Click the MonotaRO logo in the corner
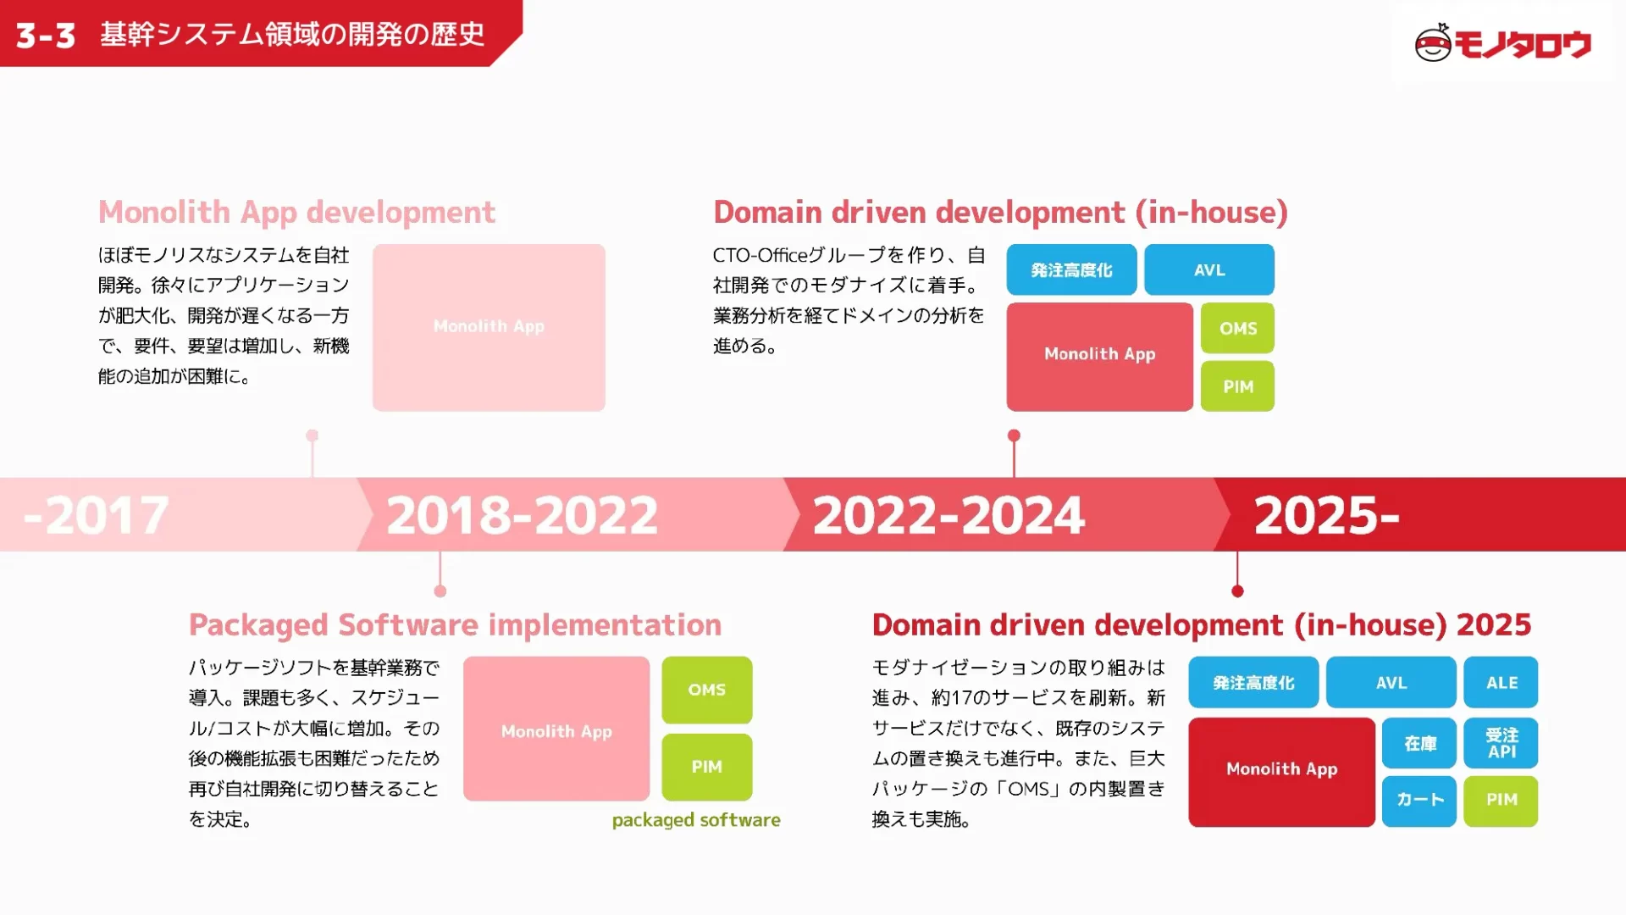[1502, 43]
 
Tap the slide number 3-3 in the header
[46, 36]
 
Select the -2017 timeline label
[97, 515]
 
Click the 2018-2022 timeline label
[522, 515]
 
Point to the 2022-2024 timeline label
[948, 515]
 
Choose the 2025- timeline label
[1326, 515]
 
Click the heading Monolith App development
[296, 212]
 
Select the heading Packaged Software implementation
[455, 624]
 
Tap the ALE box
[1501, 682]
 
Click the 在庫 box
[1419, 743]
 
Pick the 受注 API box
[1501, 743]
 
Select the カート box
[1419, 800]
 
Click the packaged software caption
[696, 820]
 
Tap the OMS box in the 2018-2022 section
[706, 690]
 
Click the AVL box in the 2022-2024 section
[1208, 269]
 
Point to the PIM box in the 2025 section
[1501, 800]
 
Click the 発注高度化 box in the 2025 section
[1253, 682]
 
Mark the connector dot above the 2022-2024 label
[1014, 435]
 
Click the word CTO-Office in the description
[760, 255]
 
